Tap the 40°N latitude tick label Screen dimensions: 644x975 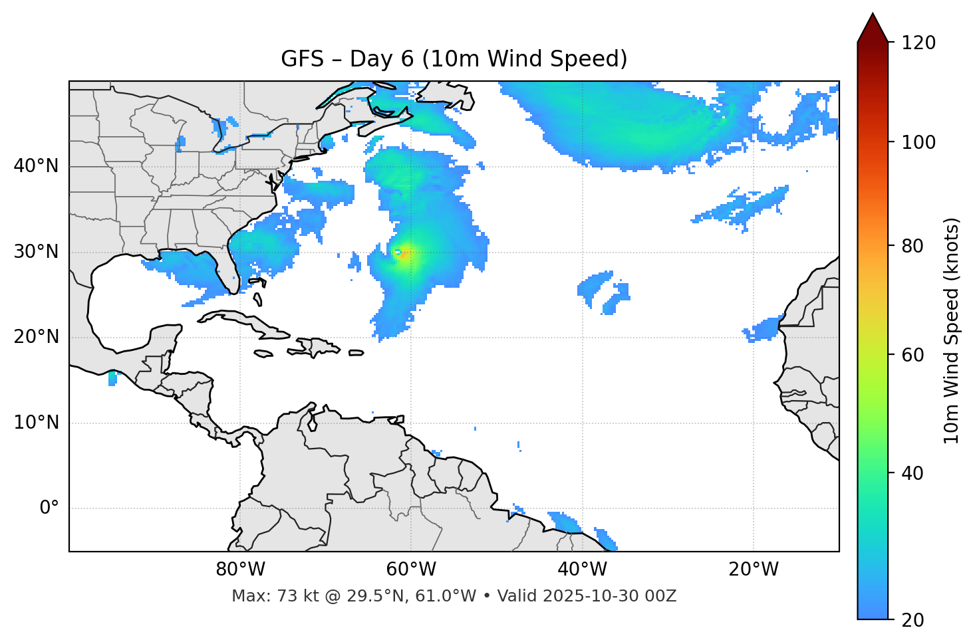click(x=36, y=165)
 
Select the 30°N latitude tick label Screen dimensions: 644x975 click(x=36, y=252)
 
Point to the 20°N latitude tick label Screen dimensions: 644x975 click(x=36, y=337)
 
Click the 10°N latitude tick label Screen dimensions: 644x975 click(x=36, y=423)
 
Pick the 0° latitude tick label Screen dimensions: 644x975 click(x=49, y=508)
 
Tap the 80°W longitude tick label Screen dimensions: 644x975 click(x=240, y=570)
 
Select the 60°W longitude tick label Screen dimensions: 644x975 click(x=411, y=570)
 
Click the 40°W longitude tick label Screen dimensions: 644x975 click(x=582, y=570)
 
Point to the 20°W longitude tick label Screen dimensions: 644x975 click(x=753, y=570)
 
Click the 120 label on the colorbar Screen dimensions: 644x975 click(x=918, y=43)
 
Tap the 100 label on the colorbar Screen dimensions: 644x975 click(x=918, y=142)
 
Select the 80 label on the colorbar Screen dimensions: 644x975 click(x=912, y=246)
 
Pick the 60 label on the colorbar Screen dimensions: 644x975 click(x=912, y=355)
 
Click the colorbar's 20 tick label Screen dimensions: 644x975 click(x=912, y=620)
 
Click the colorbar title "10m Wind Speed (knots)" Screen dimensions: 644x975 click(x=952, y=330)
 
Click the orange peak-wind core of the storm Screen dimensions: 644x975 click(x=402, y=253)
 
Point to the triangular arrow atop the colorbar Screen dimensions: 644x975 click(x=873, y=28)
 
